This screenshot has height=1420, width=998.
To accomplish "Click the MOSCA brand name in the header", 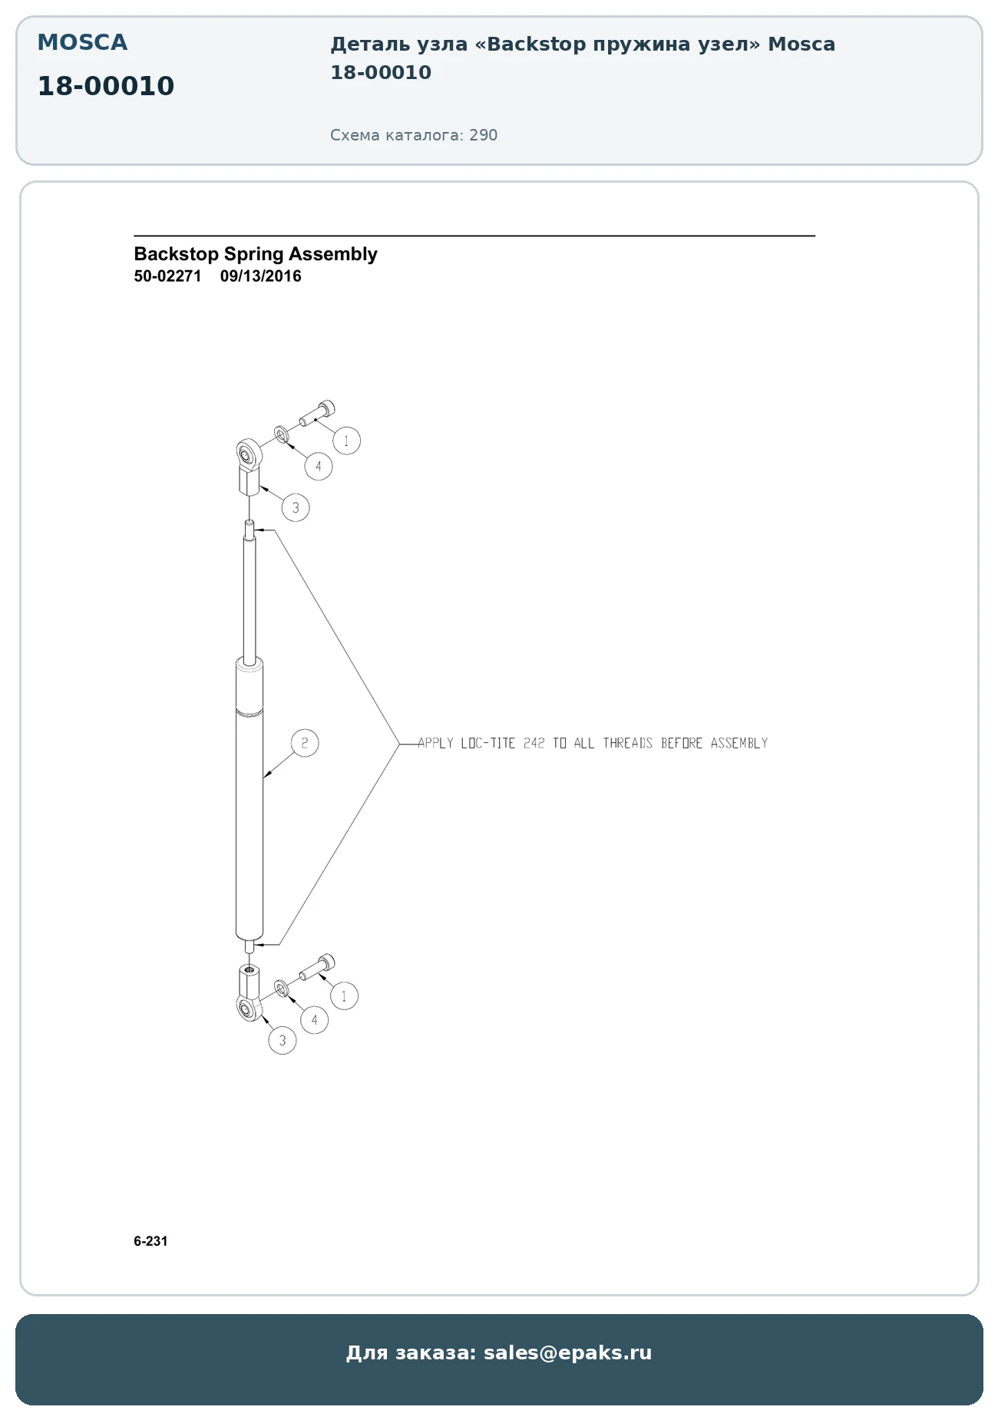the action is tap(82, 42).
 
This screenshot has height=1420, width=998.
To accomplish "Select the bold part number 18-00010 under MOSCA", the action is tap(106, 86).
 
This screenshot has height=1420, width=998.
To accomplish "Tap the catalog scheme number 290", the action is tap(484, 135).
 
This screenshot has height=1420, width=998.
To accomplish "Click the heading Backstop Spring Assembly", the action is tap(256, 254).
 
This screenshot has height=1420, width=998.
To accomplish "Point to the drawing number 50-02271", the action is tap(167, 276).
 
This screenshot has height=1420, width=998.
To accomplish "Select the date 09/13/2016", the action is tap(261, 276).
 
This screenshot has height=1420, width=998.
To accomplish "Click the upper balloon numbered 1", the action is tap(346, 441).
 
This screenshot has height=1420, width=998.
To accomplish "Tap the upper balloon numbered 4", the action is tap(319, 466).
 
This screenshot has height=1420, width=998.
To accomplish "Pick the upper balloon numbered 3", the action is tap(296, 507).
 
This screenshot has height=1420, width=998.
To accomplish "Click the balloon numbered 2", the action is tap(305, 742).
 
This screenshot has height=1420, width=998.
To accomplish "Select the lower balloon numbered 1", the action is tap(344, 996).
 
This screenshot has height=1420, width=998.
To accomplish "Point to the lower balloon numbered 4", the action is tap(314, 1020).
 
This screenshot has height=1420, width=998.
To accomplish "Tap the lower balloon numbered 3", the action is tap(283, 1040).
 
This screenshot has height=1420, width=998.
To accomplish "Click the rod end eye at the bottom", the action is tap(249, 1009).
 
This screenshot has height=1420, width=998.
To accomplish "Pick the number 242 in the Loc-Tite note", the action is tap(534, 743).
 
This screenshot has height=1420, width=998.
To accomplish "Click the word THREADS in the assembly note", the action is tap(627, 743).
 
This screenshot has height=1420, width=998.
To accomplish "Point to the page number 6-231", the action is tap(150, 1241).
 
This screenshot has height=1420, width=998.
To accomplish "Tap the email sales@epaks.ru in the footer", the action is tap(567, 1352).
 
